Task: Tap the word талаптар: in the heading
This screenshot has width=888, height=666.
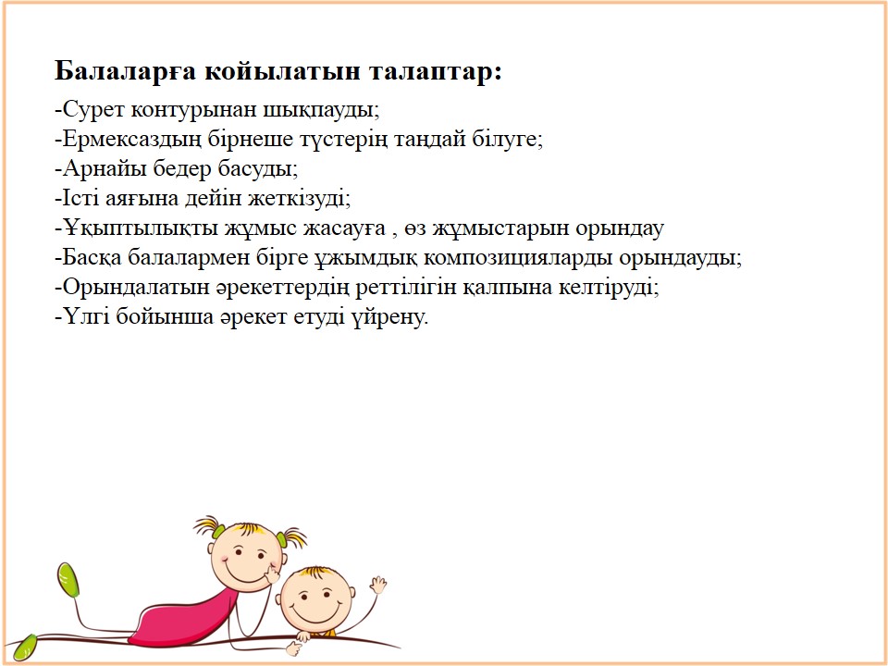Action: [x=435, y=72]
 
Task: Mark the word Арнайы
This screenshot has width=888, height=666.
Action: [x=99, y=168]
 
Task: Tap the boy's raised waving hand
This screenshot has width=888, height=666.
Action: [x=377, y=585]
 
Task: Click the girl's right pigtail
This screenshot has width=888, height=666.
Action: [x=291, y=537]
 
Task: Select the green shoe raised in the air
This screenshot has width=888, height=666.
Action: [x=68, y=579]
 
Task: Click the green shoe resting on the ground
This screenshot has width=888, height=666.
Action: [x=24, y=647]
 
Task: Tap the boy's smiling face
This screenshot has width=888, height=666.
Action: [x=316, y=599]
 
